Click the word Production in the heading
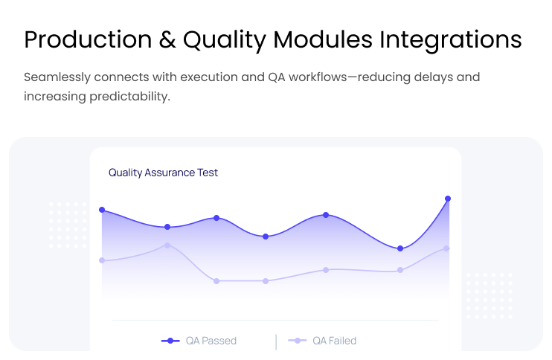coord(88,39)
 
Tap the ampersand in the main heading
coord(167,39)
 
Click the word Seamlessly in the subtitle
coord(57,77)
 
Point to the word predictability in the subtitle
coord(130,97)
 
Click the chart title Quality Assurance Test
coord(163,173)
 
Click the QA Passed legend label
coord(211,341)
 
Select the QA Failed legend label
coord(335,341)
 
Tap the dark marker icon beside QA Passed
coord(170,341)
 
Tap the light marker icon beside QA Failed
coord(297,341)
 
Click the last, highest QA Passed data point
coord(448,199)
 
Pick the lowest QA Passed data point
coord(400,248)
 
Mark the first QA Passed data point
coord(102,210)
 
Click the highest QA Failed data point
coord(167,245)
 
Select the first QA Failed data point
coord(102,260)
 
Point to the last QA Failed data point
coord(446,248)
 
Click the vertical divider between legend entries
coord(276,342)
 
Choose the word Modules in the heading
coord(322,39)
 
